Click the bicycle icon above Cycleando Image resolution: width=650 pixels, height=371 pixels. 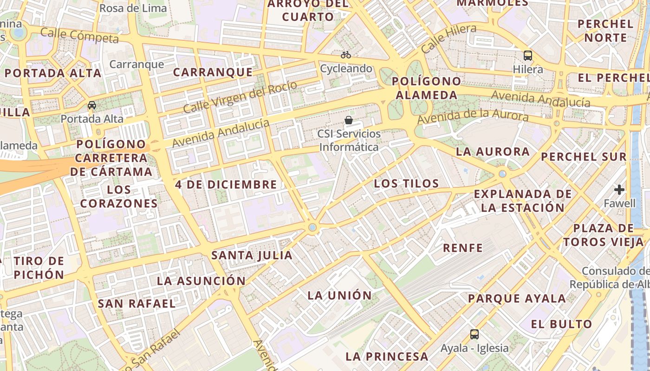[x=346, y=55]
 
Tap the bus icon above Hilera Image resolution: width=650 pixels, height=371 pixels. [x=528, y=56]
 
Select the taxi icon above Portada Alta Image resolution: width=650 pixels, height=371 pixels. [x=92, y=105]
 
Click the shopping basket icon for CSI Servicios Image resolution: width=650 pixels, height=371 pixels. [x=349, y=120]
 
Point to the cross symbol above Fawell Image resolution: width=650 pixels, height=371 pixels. [x=619, y=189]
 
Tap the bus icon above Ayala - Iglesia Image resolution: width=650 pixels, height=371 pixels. [x=474, y=334]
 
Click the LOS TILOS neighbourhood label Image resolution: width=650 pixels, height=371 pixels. [x=406, y=184]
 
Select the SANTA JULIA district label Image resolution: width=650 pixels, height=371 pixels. [x=252, y=255]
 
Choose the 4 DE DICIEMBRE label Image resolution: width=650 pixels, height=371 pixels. [x=226, y=184]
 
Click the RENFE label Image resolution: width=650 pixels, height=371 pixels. [x=463, y=248]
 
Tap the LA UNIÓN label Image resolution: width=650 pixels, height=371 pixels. [x=340, y=295]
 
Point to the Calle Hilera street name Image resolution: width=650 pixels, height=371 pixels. [x=448, y=39]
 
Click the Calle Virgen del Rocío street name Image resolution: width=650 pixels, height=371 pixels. [x=240, y=97]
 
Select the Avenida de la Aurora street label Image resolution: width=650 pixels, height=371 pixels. [x=473, y=116]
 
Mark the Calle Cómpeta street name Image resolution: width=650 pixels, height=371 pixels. [x=79, y=35]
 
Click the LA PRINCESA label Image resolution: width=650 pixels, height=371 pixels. [x=387, y=356]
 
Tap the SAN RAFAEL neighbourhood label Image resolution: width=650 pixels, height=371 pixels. [x=136, y=303]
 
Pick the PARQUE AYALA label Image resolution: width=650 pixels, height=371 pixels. [x=517, y=298]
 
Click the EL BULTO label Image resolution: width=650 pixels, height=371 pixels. [x=562, y=324]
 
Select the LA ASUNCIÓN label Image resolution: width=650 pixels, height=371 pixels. [x=201, y=281]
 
